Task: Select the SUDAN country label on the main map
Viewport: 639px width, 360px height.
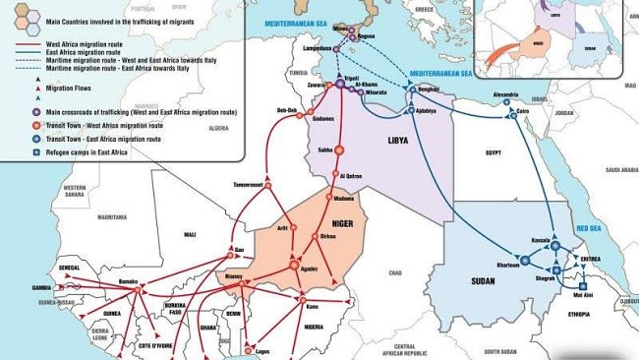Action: click(x=483, y=281)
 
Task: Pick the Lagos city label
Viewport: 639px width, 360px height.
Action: click(x=261, y=351)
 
